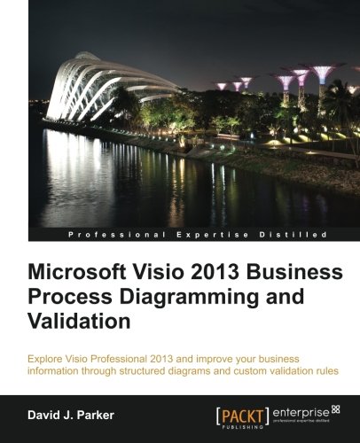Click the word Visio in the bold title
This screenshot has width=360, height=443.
(152, 272)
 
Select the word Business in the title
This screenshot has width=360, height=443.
(280, 272)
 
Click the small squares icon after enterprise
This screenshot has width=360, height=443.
(335, 408)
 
